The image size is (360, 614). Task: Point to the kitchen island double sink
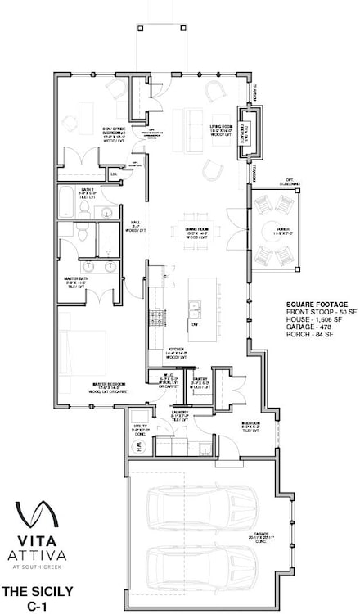pyautogui.click(x=196, y=309)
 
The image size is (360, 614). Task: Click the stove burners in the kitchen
pyautogui.click(x=154, y=318)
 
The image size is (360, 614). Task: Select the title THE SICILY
pyautogui.click(x=37, y=590)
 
